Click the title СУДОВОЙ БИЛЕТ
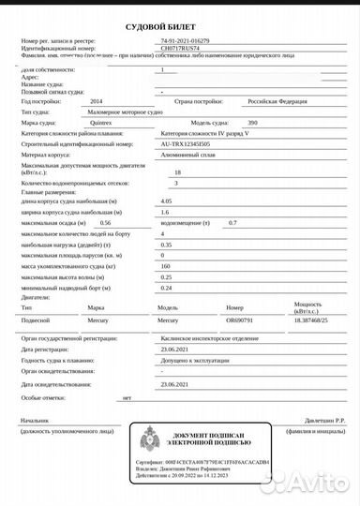click(178, 29)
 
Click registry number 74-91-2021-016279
click(186, 42)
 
